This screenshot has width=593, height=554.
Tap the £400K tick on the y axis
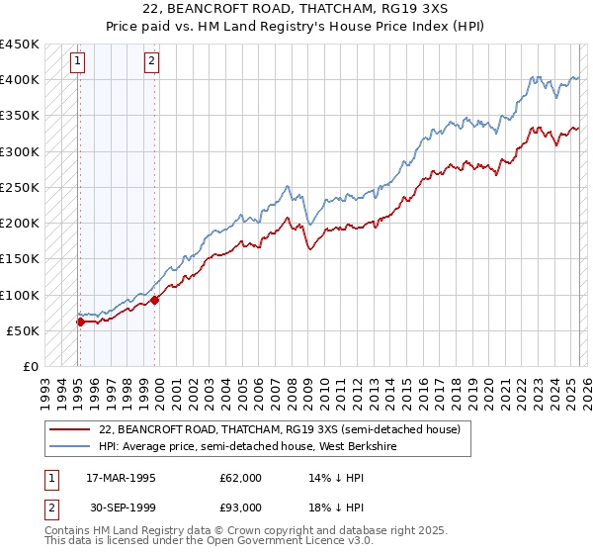20,80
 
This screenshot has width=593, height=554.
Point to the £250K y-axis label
20,187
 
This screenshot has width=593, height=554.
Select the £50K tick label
24,330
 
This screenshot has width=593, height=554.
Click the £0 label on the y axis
31,366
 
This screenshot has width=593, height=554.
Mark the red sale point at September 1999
155,300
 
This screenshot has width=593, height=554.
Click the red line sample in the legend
70,429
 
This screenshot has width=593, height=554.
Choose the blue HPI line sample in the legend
70,446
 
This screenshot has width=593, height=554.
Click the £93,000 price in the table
240,508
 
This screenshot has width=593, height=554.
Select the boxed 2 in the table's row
51,508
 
